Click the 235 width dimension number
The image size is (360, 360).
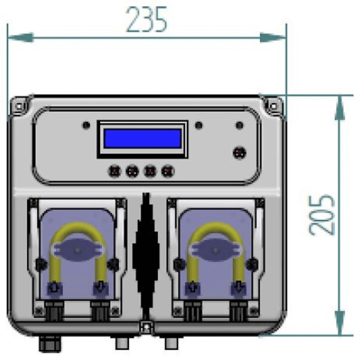147,19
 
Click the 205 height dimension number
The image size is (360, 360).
321,215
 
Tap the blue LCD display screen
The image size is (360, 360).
143,139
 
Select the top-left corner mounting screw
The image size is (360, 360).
19,106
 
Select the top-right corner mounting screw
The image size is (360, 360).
274,106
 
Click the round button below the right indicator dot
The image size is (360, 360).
239,153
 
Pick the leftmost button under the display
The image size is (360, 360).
115,171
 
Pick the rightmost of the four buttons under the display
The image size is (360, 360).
168,171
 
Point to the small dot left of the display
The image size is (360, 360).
86,125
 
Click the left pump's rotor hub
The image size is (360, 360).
78,250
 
